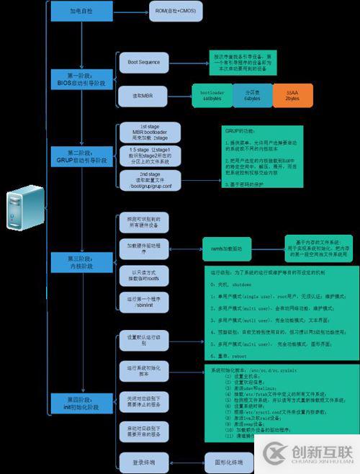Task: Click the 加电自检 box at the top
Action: tap(80, 12)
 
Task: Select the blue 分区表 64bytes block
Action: tap(252, 95)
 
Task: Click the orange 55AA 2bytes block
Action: tap(292, 95)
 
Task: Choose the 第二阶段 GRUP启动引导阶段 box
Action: tap(80, 155)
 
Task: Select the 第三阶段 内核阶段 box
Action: tap(80, 259)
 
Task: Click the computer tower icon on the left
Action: tap(22, 210)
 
